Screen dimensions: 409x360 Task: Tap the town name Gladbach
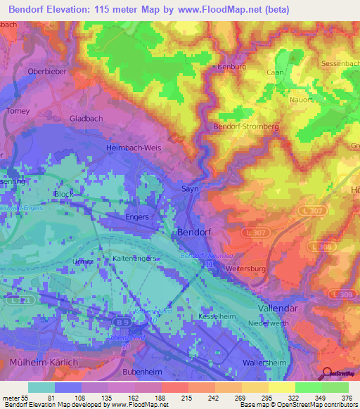86,119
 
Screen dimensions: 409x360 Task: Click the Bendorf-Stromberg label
246,126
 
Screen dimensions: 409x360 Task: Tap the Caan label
275,72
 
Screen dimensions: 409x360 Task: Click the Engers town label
136,217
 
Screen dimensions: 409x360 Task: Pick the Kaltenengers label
135,259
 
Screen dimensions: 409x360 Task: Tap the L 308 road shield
323,247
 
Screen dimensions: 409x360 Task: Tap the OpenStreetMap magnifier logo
327,374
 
